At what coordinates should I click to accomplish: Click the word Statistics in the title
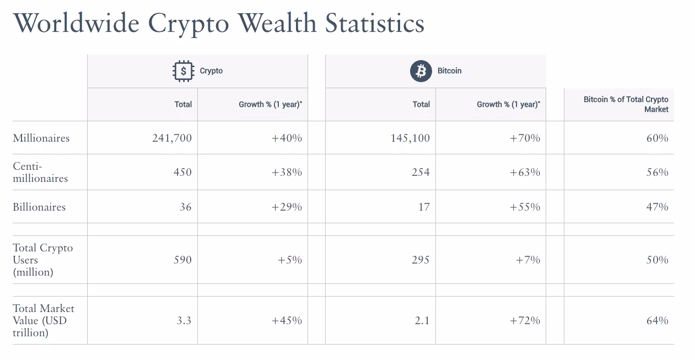[x=375, y=23]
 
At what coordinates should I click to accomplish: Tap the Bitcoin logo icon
[x=421, y=71]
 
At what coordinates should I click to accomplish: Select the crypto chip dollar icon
[x=183, y=71]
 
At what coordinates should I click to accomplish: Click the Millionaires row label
[x=41, y=138]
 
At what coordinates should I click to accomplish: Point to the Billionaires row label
[x=39, y=207]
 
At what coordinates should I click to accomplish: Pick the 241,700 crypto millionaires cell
[x=172, y=138]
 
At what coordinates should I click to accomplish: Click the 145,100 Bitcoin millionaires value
[x=410, y=138]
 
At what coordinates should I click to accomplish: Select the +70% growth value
[x=525, y=138]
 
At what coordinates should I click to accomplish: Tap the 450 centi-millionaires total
[x=182, y=172]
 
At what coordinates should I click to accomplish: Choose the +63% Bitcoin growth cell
[x=525, y=172]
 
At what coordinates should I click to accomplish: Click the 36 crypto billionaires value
[x=185, y=207]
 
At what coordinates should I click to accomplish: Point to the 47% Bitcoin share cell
[x=657, y=207]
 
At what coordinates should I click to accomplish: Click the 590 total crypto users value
[x=182, y=260]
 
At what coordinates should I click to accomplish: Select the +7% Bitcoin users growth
[x=528, y=260]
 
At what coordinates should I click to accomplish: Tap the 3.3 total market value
[x=184, y=320]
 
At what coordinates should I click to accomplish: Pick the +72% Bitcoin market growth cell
[x=525, y=320]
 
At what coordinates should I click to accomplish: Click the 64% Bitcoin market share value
[x=657, y=320]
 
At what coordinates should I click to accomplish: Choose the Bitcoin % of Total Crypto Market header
[x=626, y=104]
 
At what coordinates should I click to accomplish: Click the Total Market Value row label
[x=44, y=320]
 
